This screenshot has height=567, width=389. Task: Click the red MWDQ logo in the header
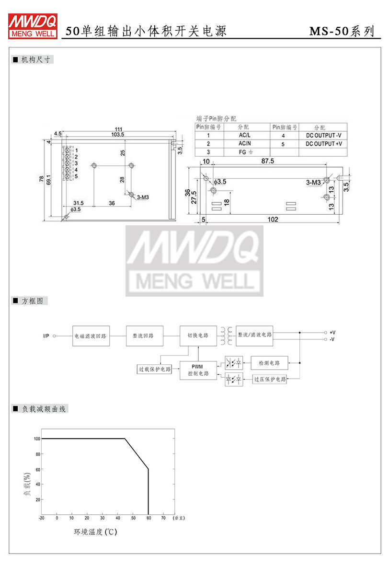click(33, 25)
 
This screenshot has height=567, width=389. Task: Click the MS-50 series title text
click(341, 32)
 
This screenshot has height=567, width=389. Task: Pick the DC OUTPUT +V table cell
click(323, 144)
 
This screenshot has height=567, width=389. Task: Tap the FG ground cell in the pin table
click(246, 152)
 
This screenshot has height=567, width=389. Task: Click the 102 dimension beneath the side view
click(273, 220)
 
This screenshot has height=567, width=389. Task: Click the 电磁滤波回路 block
click(91, 336)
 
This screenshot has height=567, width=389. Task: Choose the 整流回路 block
click(144, 336)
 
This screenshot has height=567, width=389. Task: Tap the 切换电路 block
click(198, 336)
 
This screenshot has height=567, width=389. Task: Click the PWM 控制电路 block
click(198, 370)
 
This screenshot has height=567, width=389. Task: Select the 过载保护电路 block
click(154, 369)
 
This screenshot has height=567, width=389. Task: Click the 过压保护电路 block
click(270, 379)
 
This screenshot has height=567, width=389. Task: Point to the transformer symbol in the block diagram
click(226, 336)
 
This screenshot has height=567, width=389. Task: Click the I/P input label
click(46, 336)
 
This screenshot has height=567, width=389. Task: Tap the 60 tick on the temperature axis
click(149, 518)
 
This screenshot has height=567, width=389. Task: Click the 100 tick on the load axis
click(37, 439)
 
